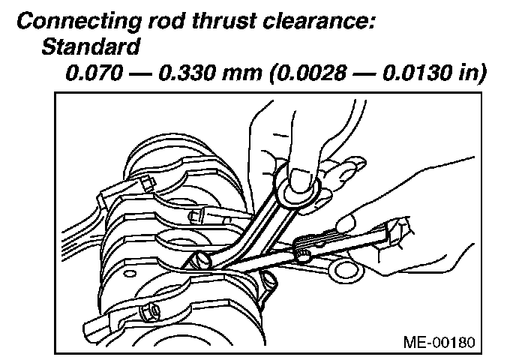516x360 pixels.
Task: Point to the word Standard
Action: pos(91,49)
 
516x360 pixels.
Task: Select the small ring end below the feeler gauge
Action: pos(346,268)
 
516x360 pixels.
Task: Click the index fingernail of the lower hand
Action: pos(346,223)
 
